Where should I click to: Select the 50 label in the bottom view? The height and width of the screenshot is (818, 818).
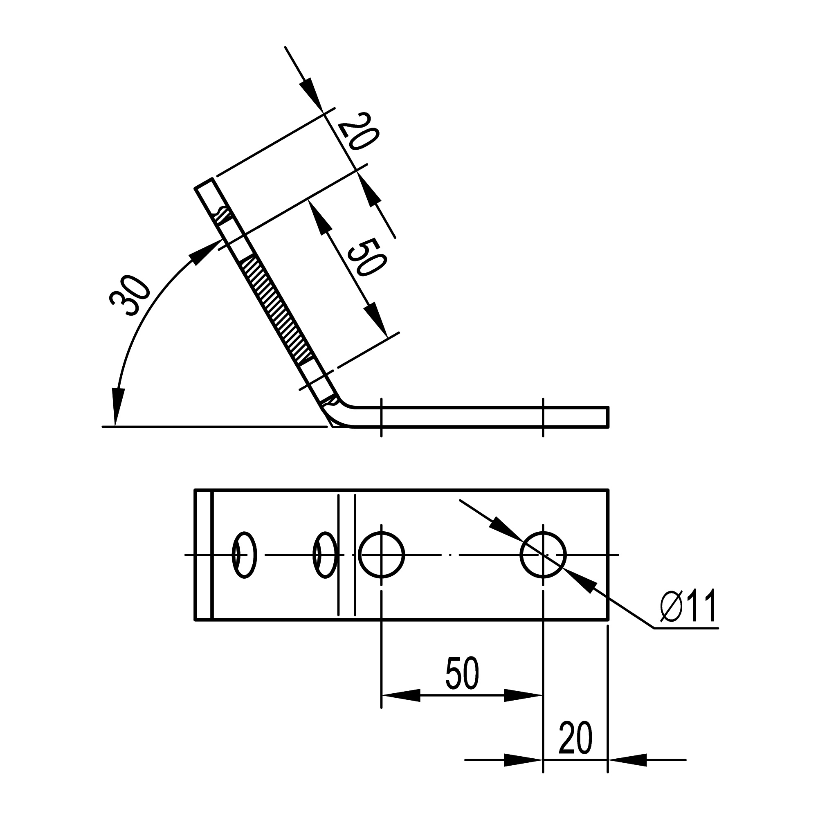coord(462,674)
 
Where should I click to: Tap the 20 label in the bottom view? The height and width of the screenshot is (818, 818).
coord(575,738)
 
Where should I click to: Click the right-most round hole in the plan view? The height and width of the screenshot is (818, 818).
coord(543,555)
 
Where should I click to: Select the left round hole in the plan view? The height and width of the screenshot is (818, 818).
coord(382,555)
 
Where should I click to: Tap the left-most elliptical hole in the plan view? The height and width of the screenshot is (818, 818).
coord(245,555)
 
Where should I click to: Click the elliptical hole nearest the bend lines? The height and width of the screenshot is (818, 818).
coord(325,555)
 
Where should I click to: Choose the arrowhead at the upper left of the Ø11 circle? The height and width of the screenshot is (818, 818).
coord(504,529)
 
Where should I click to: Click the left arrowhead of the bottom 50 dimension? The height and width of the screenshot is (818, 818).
coord(400,695)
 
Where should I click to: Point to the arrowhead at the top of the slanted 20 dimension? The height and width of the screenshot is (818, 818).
coord(311,91)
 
